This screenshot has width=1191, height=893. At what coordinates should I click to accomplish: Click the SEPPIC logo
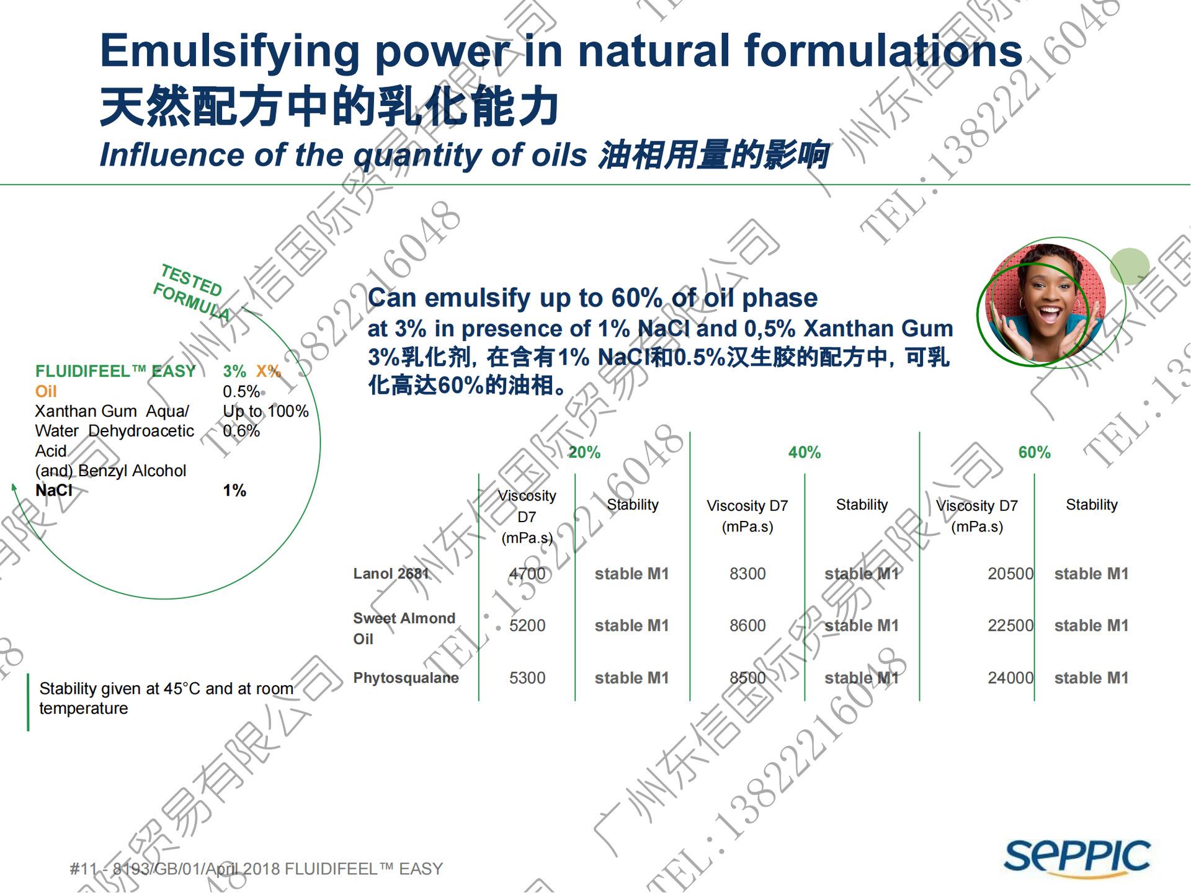click(x=1077, y=858)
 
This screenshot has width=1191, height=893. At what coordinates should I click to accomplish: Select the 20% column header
click(x=584, y=453)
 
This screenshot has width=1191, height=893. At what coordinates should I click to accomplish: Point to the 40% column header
click(x=804, y=453)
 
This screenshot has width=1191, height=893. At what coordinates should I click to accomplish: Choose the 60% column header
click(x=1034, y=453)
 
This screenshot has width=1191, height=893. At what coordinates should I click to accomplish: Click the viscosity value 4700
click(x=527, y=574)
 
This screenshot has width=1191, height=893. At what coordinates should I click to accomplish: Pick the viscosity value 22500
click(x=1010, y=626)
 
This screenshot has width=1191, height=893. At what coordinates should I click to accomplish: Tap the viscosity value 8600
click(x=747, y=626)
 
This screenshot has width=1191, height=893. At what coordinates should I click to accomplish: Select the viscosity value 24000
click(x=1010, y=678)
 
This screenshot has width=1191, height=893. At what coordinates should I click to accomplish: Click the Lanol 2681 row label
click(x=391, y=574)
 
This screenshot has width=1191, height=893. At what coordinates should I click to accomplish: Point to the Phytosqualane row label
click(x=406, y=678)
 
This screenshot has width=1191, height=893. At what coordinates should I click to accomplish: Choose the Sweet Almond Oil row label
click(x=404, y=628)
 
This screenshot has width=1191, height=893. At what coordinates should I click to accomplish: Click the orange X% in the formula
click(x=269, y=371)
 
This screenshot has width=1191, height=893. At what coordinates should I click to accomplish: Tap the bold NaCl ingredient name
click(x=54, y=491)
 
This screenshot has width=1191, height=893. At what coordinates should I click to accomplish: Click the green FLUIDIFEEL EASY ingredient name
click(x=115, y=371)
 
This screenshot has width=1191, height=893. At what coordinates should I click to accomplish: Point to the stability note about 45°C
click(x=166, y=698)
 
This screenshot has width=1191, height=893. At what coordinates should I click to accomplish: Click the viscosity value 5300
click(x=527, y=678)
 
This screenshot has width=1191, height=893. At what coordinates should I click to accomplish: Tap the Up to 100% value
click(x=265, y=411)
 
